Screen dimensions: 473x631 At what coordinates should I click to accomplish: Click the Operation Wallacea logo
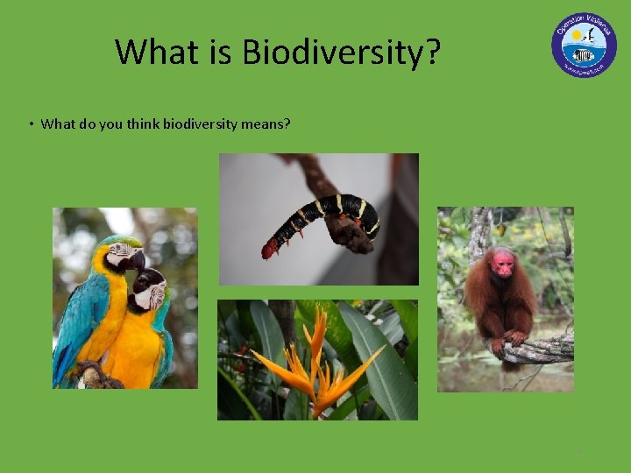point(584,45)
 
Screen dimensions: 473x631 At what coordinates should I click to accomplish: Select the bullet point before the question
point(30,124)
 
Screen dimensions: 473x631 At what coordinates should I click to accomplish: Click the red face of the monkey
point(503,262)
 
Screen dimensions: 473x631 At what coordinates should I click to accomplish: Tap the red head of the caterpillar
point(269,251)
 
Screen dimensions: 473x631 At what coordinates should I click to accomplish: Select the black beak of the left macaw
point(136,260)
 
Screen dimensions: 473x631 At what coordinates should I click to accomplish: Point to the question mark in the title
point(432,53)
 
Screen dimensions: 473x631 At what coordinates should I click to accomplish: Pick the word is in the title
point(223,53)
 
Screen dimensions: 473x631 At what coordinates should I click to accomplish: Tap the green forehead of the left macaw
point(120,241)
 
